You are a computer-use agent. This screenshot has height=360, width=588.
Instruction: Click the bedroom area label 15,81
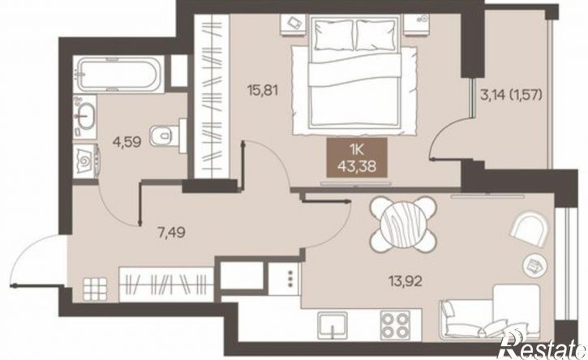pos(263,90)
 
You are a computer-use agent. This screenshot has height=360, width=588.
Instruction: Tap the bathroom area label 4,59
pos(127,142)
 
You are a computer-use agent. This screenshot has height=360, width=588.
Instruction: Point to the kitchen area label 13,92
pos(405,281)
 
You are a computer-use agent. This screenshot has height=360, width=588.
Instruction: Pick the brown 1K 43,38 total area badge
pos(357,157)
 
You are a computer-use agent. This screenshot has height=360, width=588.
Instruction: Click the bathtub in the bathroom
pos(118,75)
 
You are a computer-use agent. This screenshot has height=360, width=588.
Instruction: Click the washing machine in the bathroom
pos(86,161)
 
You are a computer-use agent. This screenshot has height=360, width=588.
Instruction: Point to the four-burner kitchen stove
pos(394,325)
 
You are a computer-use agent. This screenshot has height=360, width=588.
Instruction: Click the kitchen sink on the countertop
pos(333,325)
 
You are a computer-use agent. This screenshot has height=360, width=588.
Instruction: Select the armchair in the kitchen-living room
pos(529,228)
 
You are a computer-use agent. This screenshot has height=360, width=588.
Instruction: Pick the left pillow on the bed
pos(334,35)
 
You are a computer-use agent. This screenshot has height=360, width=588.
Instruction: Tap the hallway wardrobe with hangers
pos(166,285)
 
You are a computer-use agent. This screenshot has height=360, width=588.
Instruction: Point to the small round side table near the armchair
pos(533,265)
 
